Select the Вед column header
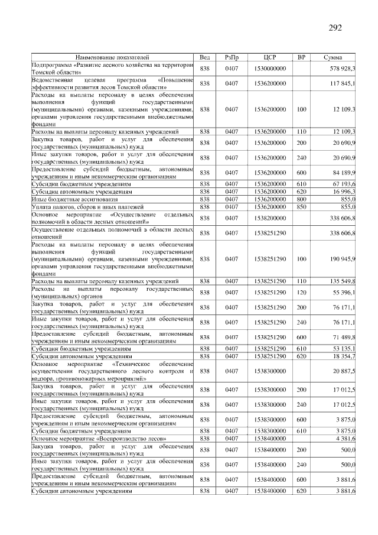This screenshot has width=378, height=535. [205, 57]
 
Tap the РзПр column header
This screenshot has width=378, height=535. [232, 57]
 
